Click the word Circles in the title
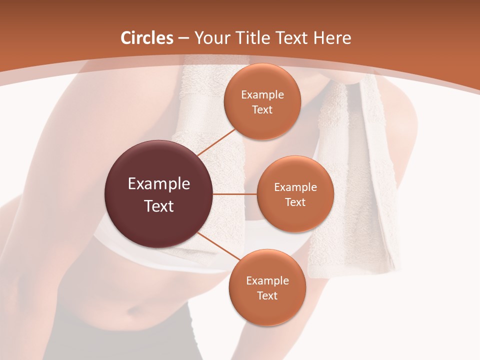click(x=147, y=38)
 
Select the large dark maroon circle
click(x=159, y=194)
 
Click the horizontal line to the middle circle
click(x=235, y=194)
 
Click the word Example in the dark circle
click(x=159, y=183)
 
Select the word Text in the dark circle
click(x=159, y=205)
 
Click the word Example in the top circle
click(x=262, y=94)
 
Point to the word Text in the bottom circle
click(x=267, y=295)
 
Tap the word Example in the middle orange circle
click(x=295, y=187)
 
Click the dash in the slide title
click(x=183, y=38)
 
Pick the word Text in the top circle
click(x=262, y=109)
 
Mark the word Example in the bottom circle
click(x=267, y=280)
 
